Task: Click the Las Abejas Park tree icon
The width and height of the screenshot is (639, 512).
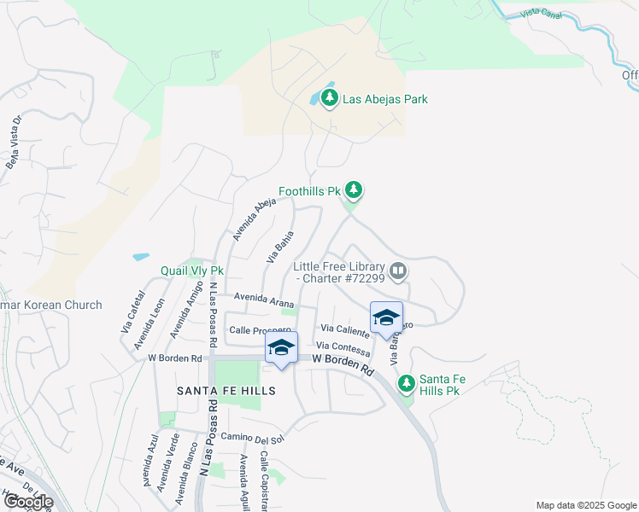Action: tap(331, 99)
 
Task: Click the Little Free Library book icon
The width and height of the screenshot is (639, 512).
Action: tap(397, 272)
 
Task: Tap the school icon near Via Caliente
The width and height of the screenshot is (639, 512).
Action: tap(386, 317)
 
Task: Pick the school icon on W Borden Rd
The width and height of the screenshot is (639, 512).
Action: tap(280, 346)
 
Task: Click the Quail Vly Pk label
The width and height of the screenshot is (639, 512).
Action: tap(192, 271)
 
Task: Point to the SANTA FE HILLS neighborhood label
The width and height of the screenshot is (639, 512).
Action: tap(226, 390)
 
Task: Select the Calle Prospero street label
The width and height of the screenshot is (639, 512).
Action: tap(260, 329)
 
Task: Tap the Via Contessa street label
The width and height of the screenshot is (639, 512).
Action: tap(343, 348)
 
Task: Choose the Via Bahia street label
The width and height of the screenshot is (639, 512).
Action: tap(280, 247)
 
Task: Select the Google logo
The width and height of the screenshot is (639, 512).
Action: tap(27, 501)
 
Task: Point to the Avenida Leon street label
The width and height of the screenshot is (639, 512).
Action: tap(147, 324)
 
